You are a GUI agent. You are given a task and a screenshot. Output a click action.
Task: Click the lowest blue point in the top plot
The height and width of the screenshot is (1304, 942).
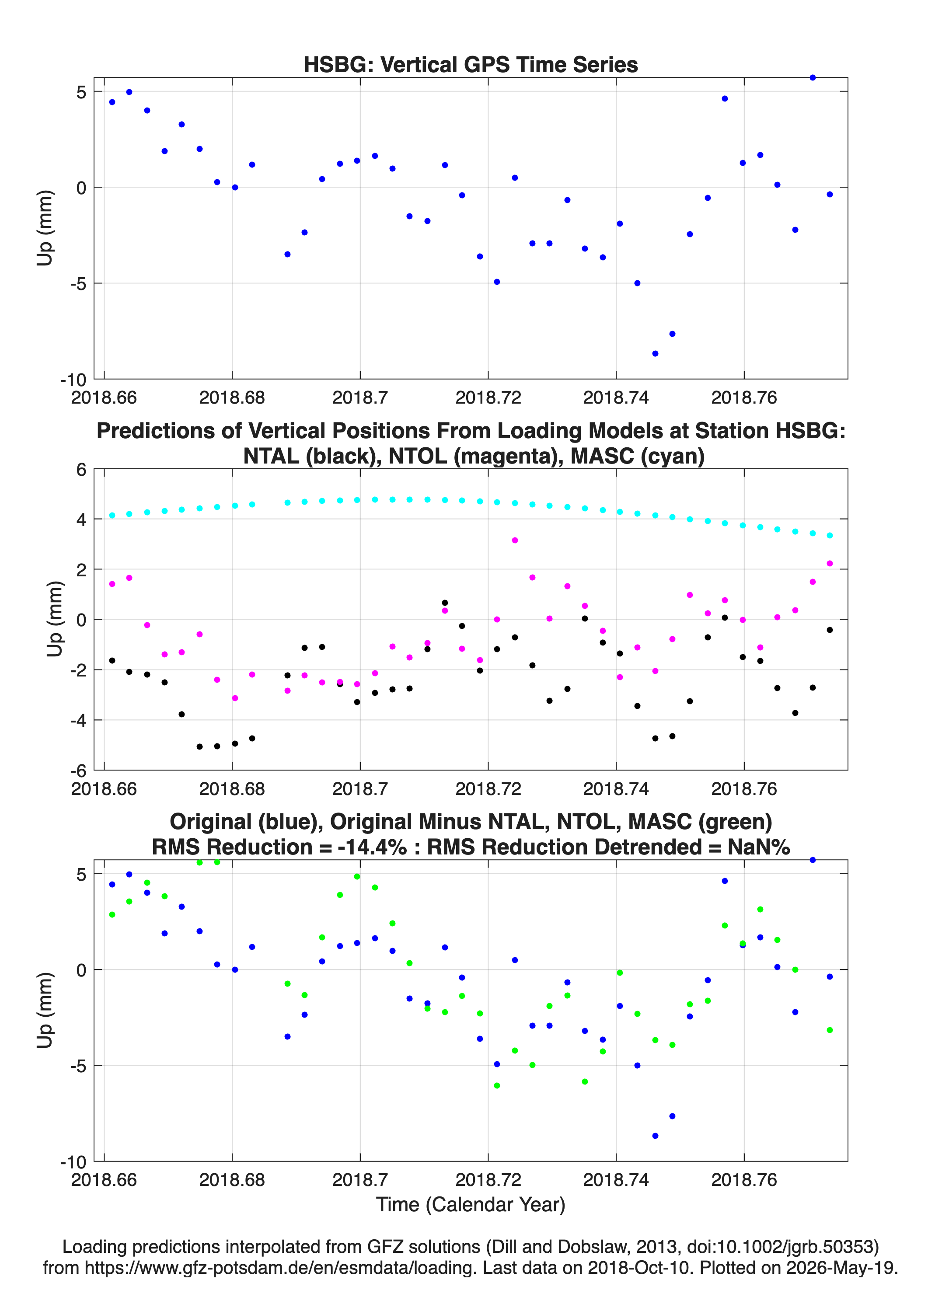pos(655,354)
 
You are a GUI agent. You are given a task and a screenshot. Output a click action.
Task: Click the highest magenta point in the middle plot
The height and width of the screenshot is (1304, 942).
pos(515,540)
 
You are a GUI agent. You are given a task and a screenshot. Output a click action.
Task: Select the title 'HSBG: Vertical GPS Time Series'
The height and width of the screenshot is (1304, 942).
pos(471,64)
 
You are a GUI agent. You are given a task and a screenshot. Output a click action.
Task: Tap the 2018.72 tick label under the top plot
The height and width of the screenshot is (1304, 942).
pos(488,397)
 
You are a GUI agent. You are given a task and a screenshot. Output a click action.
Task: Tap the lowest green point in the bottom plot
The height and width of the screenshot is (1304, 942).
pos(497,1085)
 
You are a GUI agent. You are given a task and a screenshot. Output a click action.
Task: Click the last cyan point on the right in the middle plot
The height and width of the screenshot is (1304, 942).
pos(830,535)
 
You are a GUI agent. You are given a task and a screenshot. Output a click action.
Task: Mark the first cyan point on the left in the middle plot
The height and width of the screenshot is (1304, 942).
pos(112,515)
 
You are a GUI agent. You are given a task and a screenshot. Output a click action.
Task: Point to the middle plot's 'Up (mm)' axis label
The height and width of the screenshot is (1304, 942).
pos(55,619)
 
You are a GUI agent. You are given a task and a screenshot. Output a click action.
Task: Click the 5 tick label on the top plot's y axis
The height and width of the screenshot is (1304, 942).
pos(81,92)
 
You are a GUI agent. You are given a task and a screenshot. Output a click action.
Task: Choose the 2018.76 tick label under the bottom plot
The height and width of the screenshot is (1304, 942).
pos(744,1180)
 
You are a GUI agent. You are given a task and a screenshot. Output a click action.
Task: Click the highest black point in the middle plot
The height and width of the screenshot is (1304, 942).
pos(445,603)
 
